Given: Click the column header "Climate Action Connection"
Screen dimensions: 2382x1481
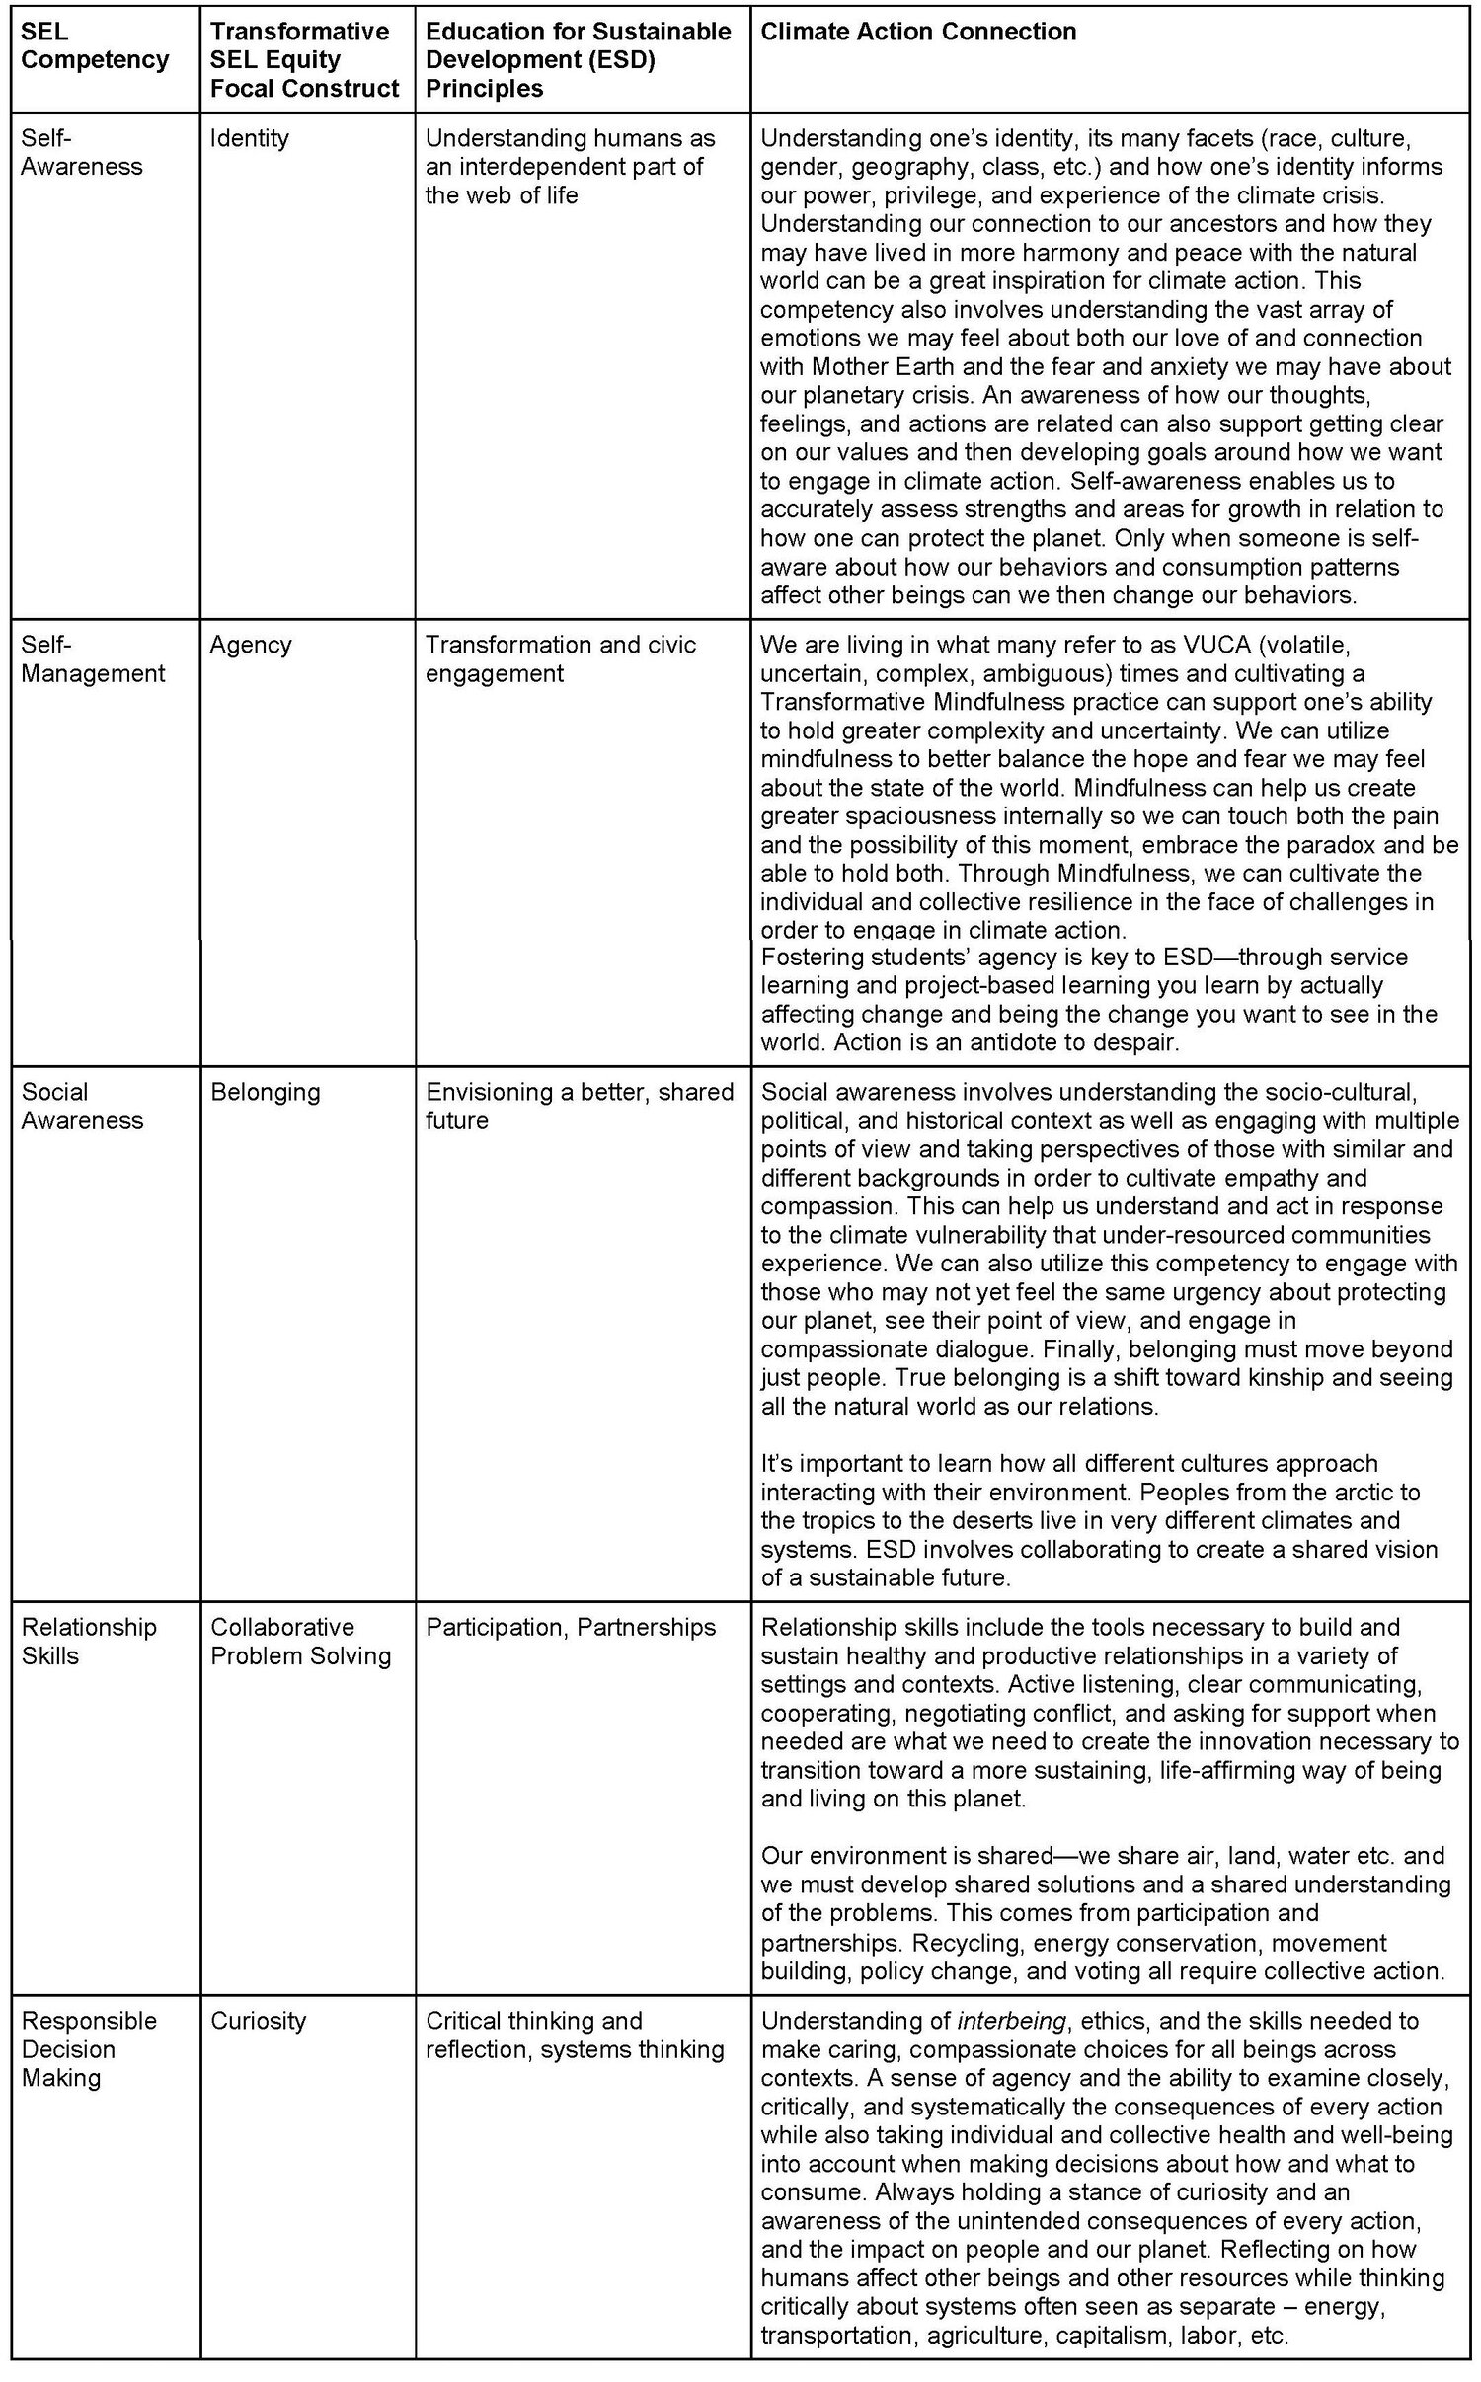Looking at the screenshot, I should pyautogui.click(x=918, y=32).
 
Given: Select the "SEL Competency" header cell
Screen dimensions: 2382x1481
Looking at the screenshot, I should pyautogui.click(x=95, y=45).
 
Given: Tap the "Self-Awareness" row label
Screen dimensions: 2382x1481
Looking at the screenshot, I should pyautogui.click(x=82, y=152).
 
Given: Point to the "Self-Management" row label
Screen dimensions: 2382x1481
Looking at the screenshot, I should pyautogui.click(x=93, y=659).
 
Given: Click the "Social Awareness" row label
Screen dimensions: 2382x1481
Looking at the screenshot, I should pyautogui.click(x=82, y=1106).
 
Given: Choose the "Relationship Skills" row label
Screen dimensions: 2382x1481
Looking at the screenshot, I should pyautogui.click(x=89, y=1641).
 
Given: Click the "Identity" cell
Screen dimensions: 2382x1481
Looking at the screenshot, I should pyautogui.click(x=249, y=138).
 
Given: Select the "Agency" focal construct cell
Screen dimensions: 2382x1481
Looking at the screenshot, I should pyautogui.click(x=251, y=645).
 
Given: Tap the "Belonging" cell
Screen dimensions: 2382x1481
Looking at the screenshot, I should pyautogui.click(x=265, y=1092).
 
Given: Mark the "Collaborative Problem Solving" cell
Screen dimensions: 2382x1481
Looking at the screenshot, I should pyautogui.click(x=300, y=1641).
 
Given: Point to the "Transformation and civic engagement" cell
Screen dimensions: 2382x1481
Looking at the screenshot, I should pyautogui.click(x=560, y=659).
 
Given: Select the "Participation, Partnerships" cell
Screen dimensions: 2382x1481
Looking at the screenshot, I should pyautogui.click(x=570, y=1627).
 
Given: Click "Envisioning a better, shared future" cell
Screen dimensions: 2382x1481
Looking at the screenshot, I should pyautogui.click(x=579, y=1106).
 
